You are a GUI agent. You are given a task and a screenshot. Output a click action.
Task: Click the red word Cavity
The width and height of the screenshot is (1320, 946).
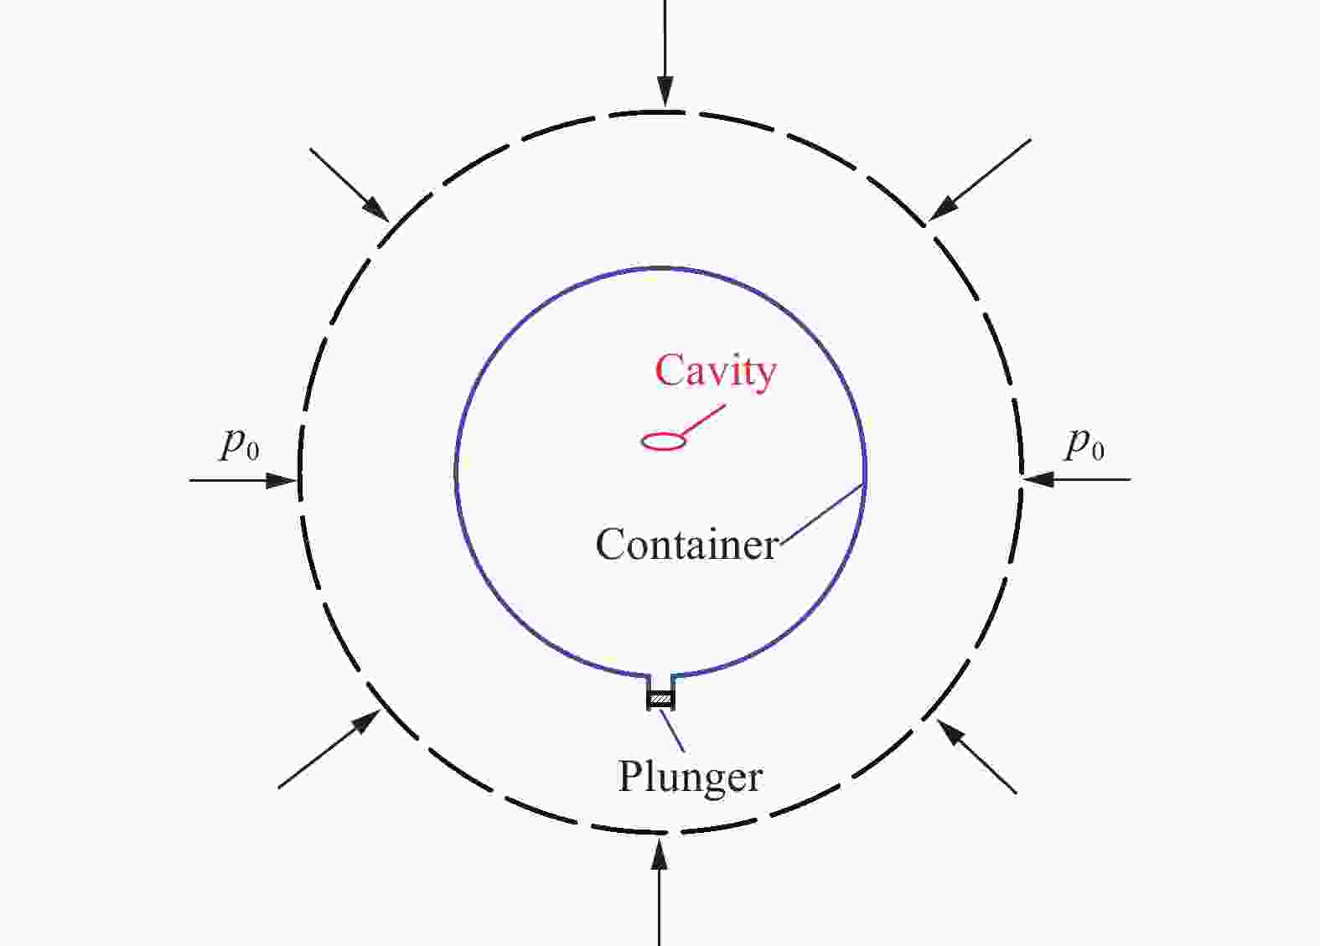[715, 371]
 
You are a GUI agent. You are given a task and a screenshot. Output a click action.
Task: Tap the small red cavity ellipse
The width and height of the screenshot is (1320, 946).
[663, 441]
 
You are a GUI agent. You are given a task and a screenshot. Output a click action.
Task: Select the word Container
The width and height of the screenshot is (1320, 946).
[687, 545]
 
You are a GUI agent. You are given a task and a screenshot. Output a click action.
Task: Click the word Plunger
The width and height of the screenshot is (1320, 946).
[690, 777]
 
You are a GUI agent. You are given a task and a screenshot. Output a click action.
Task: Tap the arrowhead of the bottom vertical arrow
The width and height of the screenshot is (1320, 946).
[660, 853]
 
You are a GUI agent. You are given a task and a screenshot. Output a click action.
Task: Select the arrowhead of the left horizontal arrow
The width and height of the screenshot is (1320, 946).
[282, 480]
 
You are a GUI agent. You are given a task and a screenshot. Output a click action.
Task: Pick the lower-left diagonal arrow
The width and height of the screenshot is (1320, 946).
[329, 750]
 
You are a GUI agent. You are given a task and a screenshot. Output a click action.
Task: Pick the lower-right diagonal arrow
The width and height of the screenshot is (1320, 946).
[977, 757]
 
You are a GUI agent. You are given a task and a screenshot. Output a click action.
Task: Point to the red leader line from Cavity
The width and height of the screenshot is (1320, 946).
[704, 421]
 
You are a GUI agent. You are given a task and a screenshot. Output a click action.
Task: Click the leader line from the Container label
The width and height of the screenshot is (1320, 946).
[821, 513]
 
